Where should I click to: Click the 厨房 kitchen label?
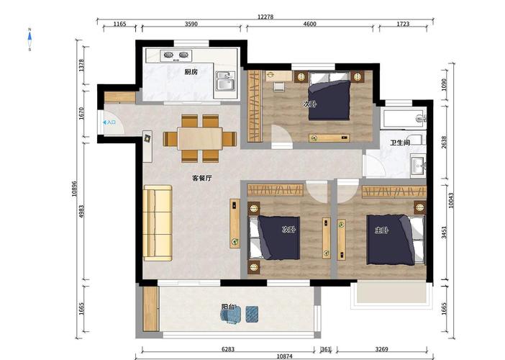(191, 72)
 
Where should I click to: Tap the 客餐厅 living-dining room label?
(202, 178)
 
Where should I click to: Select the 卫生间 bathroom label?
(400, 143)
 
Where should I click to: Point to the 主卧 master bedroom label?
(381, 230)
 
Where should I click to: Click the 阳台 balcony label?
(228, 307)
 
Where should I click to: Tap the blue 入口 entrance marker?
(109, 122)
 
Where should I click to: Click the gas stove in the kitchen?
(176, 55)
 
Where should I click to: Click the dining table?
(200, 138)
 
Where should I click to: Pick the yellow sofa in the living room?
(158, 222)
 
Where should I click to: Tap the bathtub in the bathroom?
(404, 118)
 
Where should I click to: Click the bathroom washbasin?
(419, 166)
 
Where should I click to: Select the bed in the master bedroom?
(396, 240)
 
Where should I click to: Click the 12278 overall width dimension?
(265, 17)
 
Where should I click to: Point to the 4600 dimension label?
(310, 24)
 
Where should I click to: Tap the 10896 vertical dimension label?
(74, 189)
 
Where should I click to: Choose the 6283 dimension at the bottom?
(228, 349)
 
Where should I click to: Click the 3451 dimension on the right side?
(444, 233)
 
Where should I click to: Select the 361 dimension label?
(326, 349)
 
